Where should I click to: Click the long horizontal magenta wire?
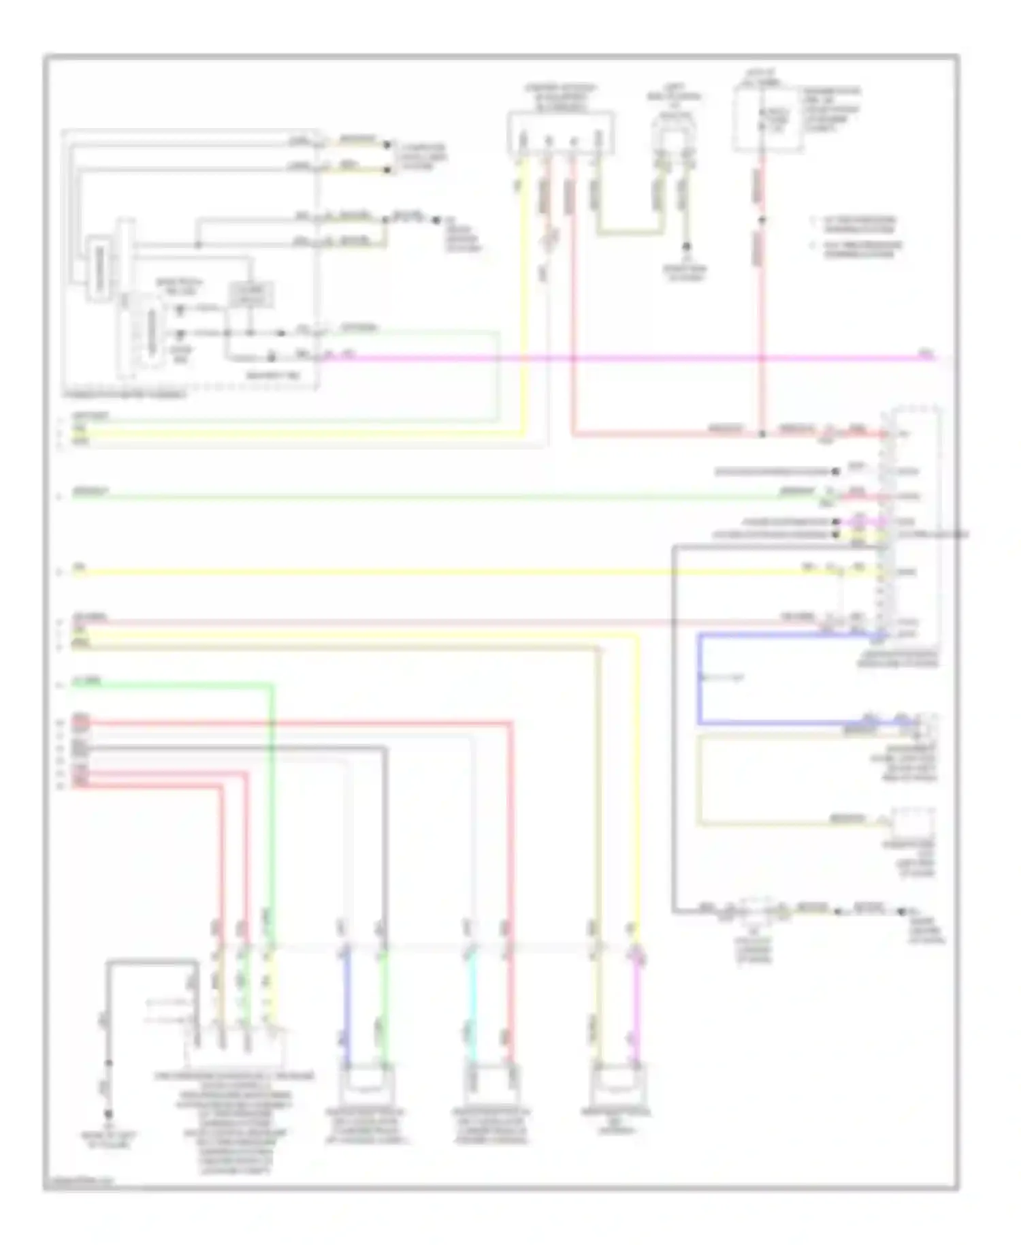(x=613, y=358)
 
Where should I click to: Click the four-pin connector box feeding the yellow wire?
(x=560, y=133)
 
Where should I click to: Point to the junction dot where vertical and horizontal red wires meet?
(x=762, y=434)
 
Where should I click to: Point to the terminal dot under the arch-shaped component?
(x=686, y=247)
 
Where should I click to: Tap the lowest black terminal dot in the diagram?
(x=108, y=1114)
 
